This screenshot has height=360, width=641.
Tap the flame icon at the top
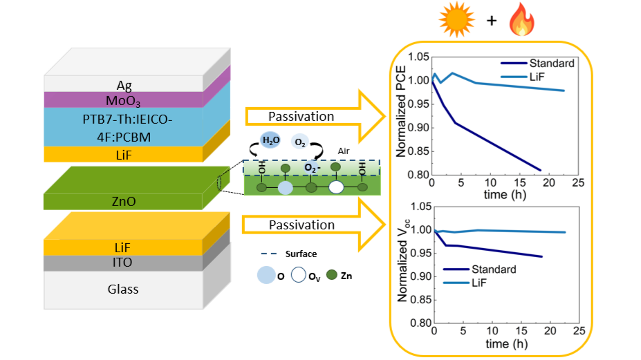click(x=522, y=20)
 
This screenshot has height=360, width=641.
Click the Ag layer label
click(x=124, y=85)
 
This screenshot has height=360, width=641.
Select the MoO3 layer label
click(x=124, y=101)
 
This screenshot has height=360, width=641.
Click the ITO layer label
click(x=125, y=263)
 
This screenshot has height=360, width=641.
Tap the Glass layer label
click(x=125, y=289)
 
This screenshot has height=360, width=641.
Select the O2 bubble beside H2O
click(x=300, y=142)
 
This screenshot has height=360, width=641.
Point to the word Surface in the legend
click(x=301, y=254)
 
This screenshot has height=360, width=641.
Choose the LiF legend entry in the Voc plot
click(x=490, y=283)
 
